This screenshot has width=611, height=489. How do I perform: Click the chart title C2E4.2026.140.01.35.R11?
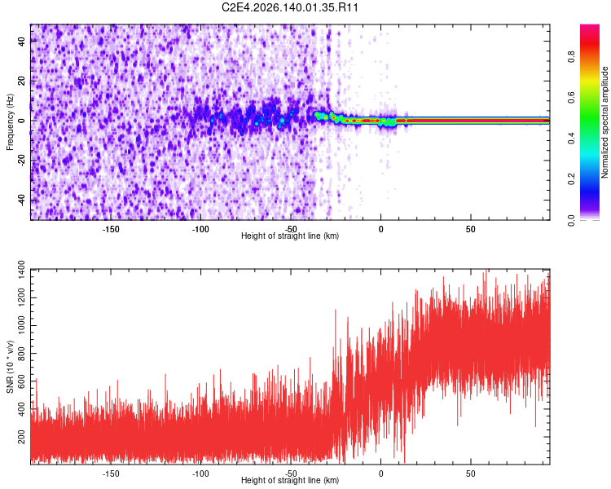[x=290, y=7]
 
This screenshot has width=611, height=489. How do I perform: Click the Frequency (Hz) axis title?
[x=10, y=122]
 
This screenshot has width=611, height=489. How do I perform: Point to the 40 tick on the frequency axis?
[x=21, y=41]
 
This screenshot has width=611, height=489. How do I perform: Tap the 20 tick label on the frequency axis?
[x=21, y=81]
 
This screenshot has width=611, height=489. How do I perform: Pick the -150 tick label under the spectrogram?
[x=111, y=229]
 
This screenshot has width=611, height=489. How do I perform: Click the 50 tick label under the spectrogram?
[x=471, y=229]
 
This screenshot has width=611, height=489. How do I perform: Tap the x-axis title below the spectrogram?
[x=290, y=236]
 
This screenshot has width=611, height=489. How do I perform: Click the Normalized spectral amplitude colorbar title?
[x=604, y=122]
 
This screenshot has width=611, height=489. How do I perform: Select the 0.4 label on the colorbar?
[x=572, y=138]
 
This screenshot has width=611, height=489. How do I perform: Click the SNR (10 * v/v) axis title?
[x=10, y=367]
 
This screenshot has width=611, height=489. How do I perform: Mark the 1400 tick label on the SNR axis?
[x=21, y=271]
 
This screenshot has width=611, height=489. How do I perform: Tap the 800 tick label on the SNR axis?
[x=21, y=354]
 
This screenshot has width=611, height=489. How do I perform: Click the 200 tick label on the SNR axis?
[x=21, y=437]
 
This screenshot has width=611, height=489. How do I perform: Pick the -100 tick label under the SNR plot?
[x=200, y=474]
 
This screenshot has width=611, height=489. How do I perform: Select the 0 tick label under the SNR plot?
[x=381, y=474]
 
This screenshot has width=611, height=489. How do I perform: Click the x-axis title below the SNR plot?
[x=290, y=480]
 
